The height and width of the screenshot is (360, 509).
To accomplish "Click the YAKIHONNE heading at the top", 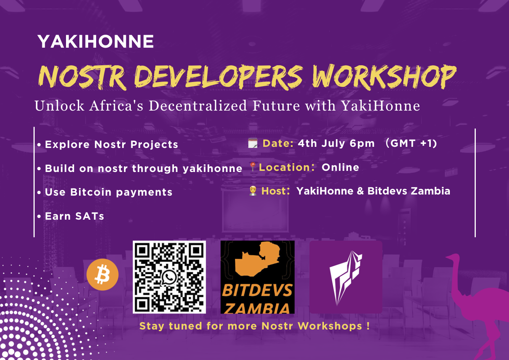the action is [x=96, y=42].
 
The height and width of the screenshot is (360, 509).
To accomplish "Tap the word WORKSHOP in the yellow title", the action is [x=384, y=77].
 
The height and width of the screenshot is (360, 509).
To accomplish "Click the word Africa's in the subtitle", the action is [x=116, y=106].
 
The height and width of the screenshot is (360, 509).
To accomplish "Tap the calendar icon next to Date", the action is [x=253, y=143].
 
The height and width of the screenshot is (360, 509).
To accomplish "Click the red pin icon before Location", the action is [x=253, y=167].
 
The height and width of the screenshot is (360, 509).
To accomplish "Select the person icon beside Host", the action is [x=253, y=191].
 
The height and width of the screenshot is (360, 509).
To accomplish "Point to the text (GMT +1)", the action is [x=411, y=143].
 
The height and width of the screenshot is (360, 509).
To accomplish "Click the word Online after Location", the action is [x=340, y=167].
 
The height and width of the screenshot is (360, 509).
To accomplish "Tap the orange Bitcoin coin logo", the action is [x=103, y=275].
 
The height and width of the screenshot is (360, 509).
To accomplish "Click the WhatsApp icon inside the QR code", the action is [x=169, y=277].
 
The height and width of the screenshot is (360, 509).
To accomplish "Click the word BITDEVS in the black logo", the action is [x=257, y=290].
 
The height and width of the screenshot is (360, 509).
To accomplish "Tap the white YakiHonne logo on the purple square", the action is [x=346, y=278].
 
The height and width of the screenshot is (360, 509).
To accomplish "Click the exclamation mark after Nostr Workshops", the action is [x=368, y=326].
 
